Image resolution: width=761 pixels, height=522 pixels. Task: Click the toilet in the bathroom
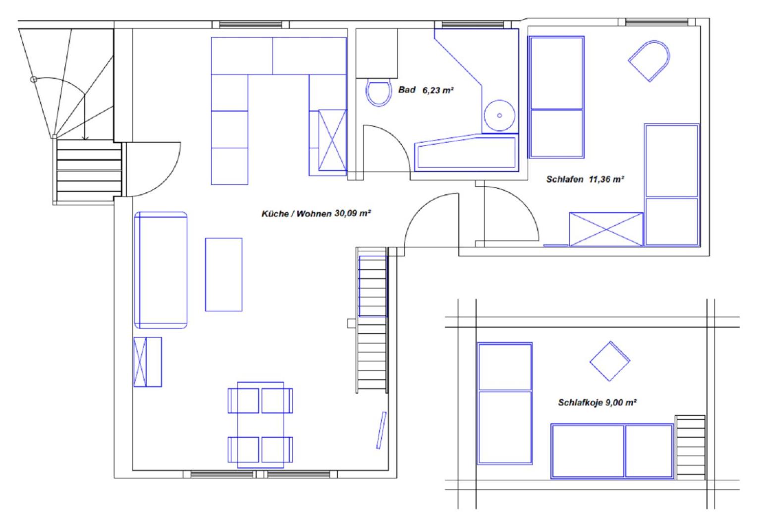[x=378, y=92]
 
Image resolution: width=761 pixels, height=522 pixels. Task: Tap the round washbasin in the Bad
[x=499, y=116]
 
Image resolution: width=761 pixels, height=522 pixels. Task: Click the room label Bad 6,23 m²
[x=426, y=90]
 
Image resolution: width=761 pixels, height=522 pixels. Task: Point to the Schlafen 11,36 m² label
[x=585, y=179]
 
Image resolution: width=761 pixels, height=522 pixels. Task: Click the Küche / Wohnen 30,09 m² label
[x=317, y=214]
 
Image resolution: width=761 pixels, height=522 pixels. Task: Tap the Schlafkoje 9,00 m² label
[x=597, y=403]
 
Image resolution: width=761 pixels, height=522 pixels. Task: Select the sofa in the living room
[x=161, y=270]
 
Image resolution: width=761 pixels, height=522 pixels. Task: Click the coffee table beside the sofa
[x=223, y=274]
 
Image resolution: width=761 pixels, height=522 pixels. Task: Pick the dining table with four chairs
[x=260, y=424]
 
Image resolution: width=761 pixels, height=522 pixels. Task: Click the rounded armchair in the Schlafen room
[x=650, y=60]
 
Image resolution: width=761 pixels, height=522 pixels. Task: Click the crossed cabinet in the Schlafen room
[x=606, y=229]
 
